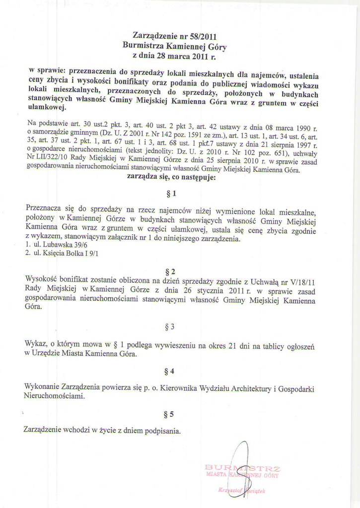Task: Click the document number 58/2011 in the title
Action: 204,36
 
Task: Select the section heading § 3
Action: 169,327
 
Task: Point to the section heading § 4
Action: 169,371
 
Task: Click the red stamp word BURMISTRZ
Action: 243,468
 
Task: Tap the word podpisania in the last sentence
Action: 162,430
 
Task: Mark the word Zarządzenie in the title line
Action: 152,36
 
